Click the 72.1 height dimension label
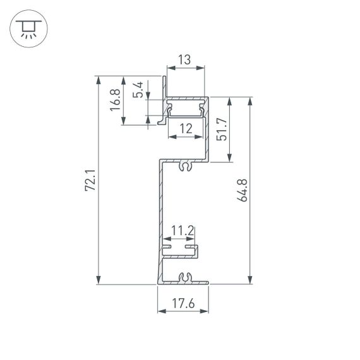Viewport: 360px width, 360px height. point(90,180)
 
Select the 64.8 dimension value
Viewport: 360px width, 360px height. point(243,190)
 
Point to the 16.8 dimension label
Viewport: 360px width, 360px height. point(115,100)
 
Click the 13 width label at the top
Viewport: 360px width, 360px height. point(185,61)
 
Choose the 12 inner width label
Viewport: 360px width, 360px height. point(186,129)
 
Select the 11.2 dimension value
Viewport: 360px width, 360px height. point(182,232)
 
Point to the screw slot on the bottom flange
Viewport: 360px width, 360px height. point(185,277)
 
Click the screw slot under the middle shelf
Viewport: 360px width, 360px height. point(185,167)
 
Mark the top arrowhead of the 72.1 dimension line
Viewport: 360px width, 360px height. point(99,78)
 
